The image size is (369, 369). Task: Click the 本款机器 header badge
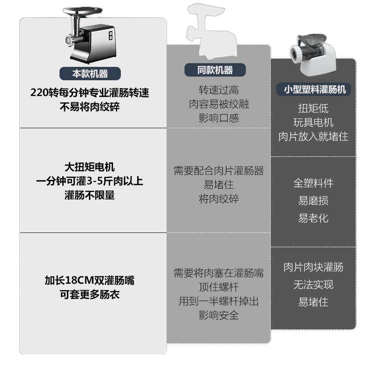coord(90,73)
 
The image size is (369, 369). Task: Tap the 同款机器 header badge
coord(215,70)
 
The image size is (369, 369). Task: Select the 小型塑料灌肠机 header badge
coord(314,89)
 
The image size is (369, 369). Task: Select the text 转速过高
coord(219,90)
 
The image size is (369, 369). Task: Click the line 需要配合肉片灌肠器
coord(219,171)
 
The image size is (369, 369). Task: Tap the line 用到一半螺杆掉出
coord(219,302)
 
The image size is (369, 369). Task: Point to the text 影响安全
coord(219,316)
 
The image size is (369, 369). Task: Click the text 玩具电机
coord(313,123)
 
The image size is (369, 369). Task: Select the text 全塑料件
coord(313,183)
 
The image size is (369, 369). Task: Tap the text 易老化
coord(313,218)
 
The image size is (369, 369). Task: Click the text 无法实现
coord(313,285)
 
